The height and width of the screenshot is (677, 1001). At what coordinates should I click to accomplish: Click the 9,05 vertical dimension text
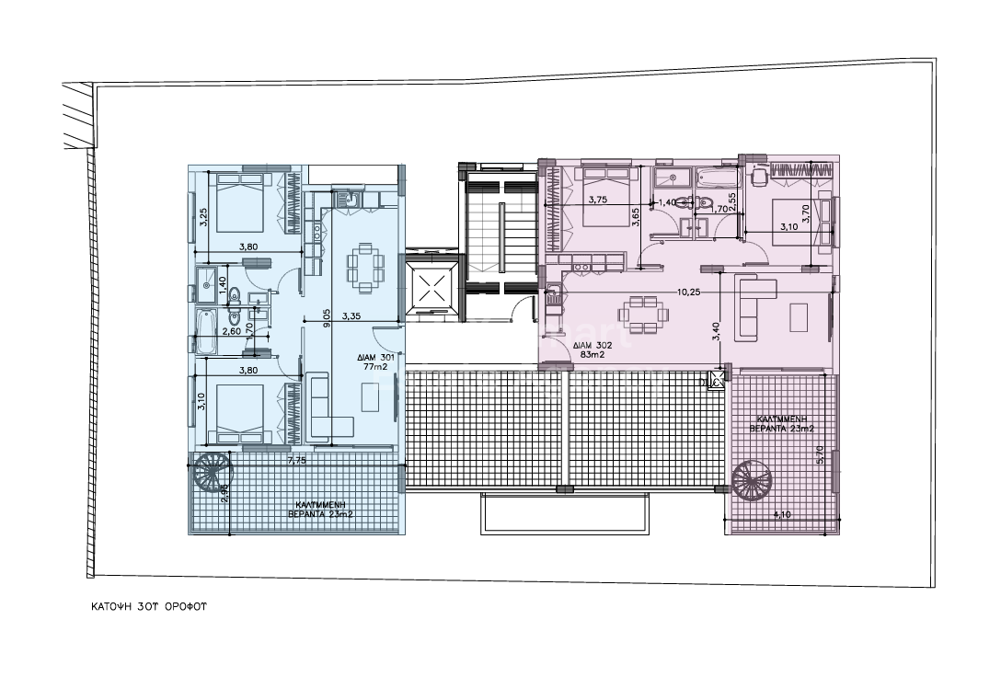pyautogui.click(x=327, y=317)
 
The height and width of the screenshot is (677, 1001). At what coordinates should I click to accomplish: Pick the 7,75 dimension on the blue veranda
pyautogui.click(x=296, y=460)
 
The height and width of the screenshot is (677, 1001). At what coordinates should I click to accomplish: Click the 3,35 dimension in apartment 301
pyautogui.click(x=351, y=316)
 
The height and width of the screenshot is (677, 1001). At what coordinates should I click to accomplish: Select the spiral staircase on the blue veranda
pyautogui.click(x=211, y=473)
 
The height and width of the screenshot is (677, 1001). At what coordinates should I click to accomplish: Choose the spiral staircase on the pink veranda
pyautogui.click(x=753, y=479)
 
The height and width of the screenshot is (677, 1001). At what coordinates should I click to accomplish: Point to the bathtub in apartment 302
pyautogui.click(x=718, y=178)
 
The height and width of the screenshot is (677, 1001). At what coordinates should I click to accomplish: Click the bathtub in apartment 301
pyautogui.click(x=206, y=331)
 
